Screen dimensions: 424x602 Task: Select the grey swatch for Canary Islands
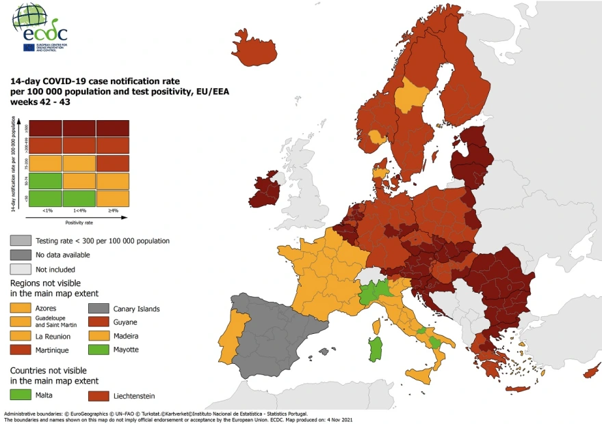pyautogui.click(x=101, y=309)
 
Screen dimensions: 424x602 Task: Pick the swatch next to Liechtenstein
pyautogui.click(x=101, y=395)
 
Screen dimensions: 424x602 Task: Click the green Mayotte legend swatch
pyautogui.click(x=101, y=349)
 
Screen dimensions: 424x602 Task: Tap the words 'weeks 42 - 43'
pyautogui.click(x=40, y=102)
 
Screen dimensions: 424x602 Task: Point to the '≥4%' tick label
pyautogui.click(x=112, y=210)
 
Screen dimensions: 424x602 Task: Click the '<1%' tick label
pyautogui.click(x=44, y=210)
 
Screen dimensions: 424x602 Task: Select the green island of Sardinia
pyautogui.click(x=376, y=348)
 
